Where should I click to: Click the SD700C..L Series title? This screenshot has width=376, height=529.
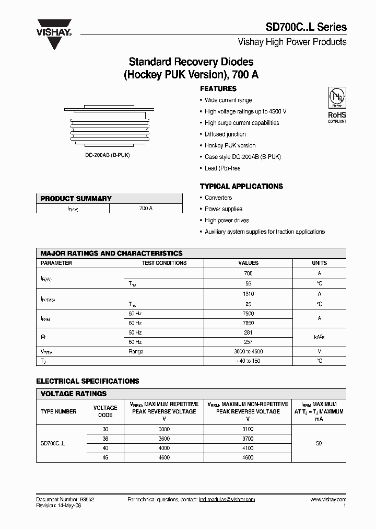pyautogui.click(x=307, y=27)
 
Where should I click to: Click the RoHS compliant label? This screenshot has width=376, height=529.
pyautogui.click(x=336, y=117)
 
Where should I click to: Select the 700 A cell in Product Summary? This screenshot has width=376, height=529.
pyautogui.click(x=146, y=208)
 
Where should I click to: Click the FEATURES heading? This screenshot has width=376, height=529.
pyautogui.click(x=218, y=89)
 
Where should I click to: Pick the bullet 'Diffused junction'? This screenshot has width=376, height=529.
pyautogui.click(x=225, y=134)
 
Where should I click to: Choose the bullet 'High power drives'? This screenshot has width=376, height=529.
pyautogui.click(x=227, y=220)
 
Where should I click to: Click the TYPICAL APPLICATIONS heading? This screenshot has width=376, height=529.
pyautogui.click(x=241, y=186)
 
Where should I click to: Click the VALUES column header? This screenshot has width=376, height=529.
pyautogui.click(x=248, y=263)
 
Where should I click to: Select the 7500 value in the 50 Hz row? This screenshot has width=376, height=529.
pyautogui.click(x=248, y=314)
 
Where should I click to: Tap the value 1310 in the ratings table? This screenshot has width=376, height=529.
pyautogui.click(x=248, y=294)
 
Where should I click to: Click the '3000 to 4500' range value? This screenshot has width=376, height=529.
pyautogui.click(x=248, y=352)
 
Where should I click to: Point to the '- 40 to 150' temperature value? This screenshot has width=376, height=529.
pyautogui.click(x=248, y=361)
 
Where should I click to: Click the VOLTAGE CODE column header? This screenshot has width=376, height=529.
pyautogui.click(x=105, y=411)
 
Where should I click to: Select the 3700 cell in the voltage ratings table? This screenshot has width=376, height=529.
pyautogui.click(x=248, y=439)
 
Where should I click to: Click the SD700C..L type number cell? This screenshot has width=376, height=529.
pyautogui.click(x=53, y=443)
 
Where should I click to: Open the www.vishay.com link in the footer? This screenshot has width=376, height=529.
pyautogui.click(x=328, y=500)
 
